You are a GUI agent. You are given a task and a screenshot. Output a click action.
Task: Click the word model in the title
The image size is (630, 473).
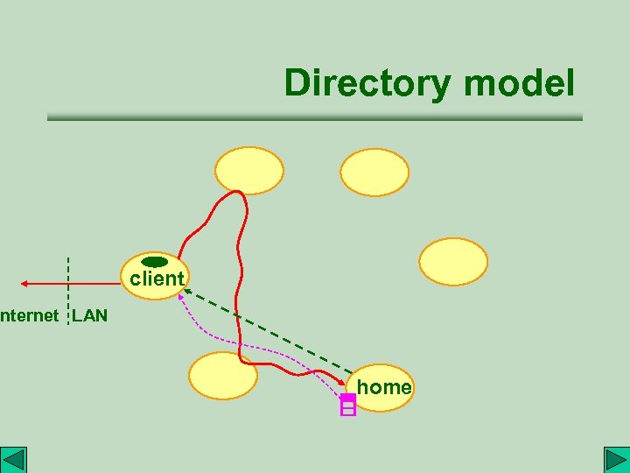click(x=520, y=84)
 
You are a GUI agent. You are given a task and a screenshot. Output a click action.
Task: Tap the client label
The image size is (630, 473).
click(x=157, y=279)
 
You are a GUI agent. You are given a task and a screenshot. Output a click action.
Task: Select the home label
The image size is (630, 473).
click(x=384, y=386)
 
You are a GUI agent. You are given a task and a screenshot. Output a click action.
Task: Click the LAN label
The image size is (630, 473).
click(x=89, y=315)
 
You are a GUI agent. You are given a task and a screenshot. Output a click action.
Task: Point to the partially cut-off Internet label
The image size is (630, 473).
click(x=30, y=315)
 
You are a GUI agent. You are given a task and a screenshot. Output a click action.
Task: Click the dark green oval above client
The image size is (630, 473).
click(x=154, y=262)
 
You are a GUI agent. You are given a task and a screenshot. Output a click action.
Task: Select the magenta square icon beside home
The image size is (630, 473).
click(x=347, y=405)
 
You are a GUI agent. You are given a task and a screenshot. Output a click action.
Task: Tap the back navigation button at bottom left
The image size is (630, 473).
click(x=15, y=460)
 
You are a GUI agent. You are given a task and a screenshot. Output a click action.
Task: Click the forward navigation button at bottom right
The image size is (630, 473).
click(x=615, y=460)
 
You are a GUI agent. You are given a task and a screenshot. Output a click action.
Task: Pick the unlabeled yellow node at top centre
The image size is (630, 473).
click(x=250, y=170)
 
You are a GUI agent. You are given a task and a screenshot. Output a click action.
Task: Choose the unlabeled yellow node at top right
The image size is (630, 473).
click(x=374, y=173)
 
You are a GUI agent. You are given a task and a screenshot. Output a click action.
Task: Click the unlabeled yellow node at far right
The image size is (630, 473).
click(x=453, y=262)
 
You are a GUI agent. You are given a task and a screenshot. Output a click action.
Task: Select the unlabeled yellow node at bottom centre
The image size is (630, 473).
click(x=224, y=375)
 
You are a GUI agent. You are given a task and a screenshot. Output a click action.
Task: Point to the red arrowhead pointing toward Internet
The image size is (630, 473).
click(x=26, y=284)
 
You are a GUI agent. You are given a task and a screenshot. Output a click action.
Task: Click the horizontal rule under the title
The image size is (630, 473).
click(x=315, y=116)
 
